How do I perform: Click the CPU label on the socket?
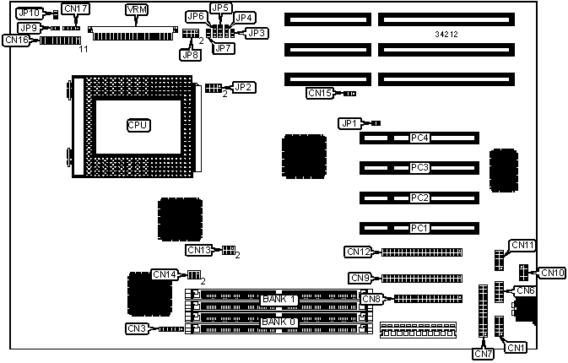tap(138, 125)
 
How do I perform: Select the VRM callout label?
tap(134, 9)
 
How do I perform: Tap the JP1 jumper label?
tap(349, 123)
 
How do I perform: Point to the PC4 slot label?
tap(419, 138)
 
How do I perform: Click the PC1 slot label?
tap(419, 228)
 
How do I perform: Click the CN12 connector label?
tap(359, 251)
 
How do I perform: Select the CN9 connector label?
tap(360, 278)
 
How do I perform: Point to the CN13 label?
tap(198, 250)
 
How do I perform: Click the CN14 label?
tap(164, 274)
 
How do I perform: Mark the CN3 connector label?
tap(136, 328)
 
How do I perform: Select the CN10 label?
tap(552, 272)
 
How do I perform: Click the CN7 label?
tap(483, 354)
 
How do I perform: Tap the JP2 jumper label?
tap(243, 87)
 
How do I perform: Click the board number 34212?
tap(448, 35)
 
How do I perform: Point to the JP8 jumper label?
tap(190, 55)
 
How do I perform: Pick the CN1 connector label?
tap(515, 347)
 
